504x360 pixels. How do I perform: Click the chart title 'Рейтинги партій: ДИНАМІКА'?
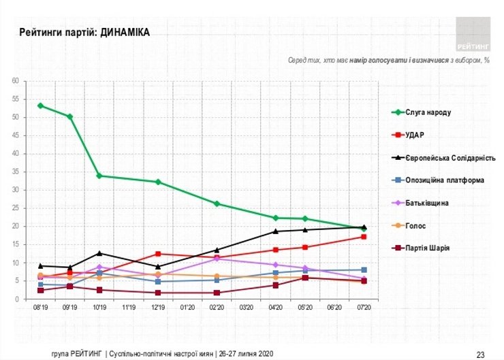[x=84, y=32]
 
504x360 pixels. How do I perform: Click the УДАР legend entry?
[x=420, y=135]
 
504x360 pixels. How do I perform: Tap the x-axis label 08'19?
[x=40, y=308]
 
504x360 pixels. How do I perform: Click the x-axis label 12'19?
[x=158, y=308]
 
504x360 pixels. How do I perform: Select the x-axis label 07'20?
[x=364, y=308]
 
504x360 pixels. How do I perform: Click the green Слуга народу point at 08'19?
[x=40, y=105]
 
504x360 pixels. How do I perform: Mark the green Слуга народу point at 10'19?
[x=99, y=176]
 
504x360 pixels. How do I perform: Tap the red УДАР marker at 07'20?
[x=364, y=237]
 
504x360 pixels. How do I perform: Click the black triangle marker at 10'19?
[x=99, y=253]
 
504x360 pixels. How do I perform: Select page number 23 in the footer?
[x=480, y=354]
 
